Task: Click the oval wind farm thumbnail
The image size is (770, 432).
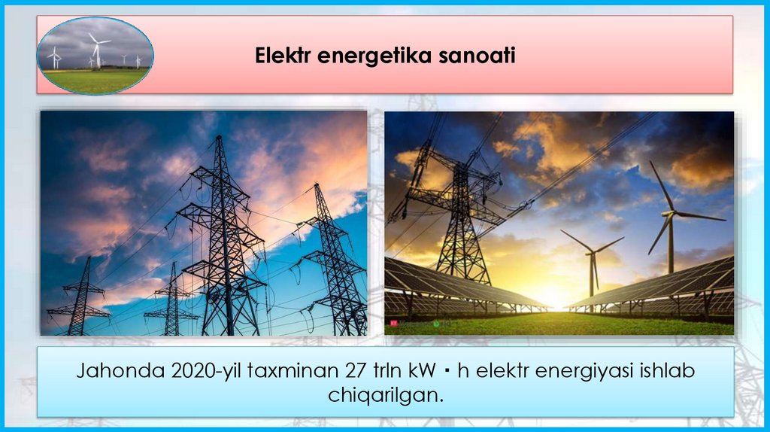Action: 95,56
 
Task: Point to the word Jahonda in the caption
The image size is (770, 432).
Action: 110,372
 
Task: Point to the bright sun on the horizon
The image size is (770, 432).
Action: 555,297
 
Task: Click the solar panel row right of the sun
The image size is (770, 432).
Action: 662,286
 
